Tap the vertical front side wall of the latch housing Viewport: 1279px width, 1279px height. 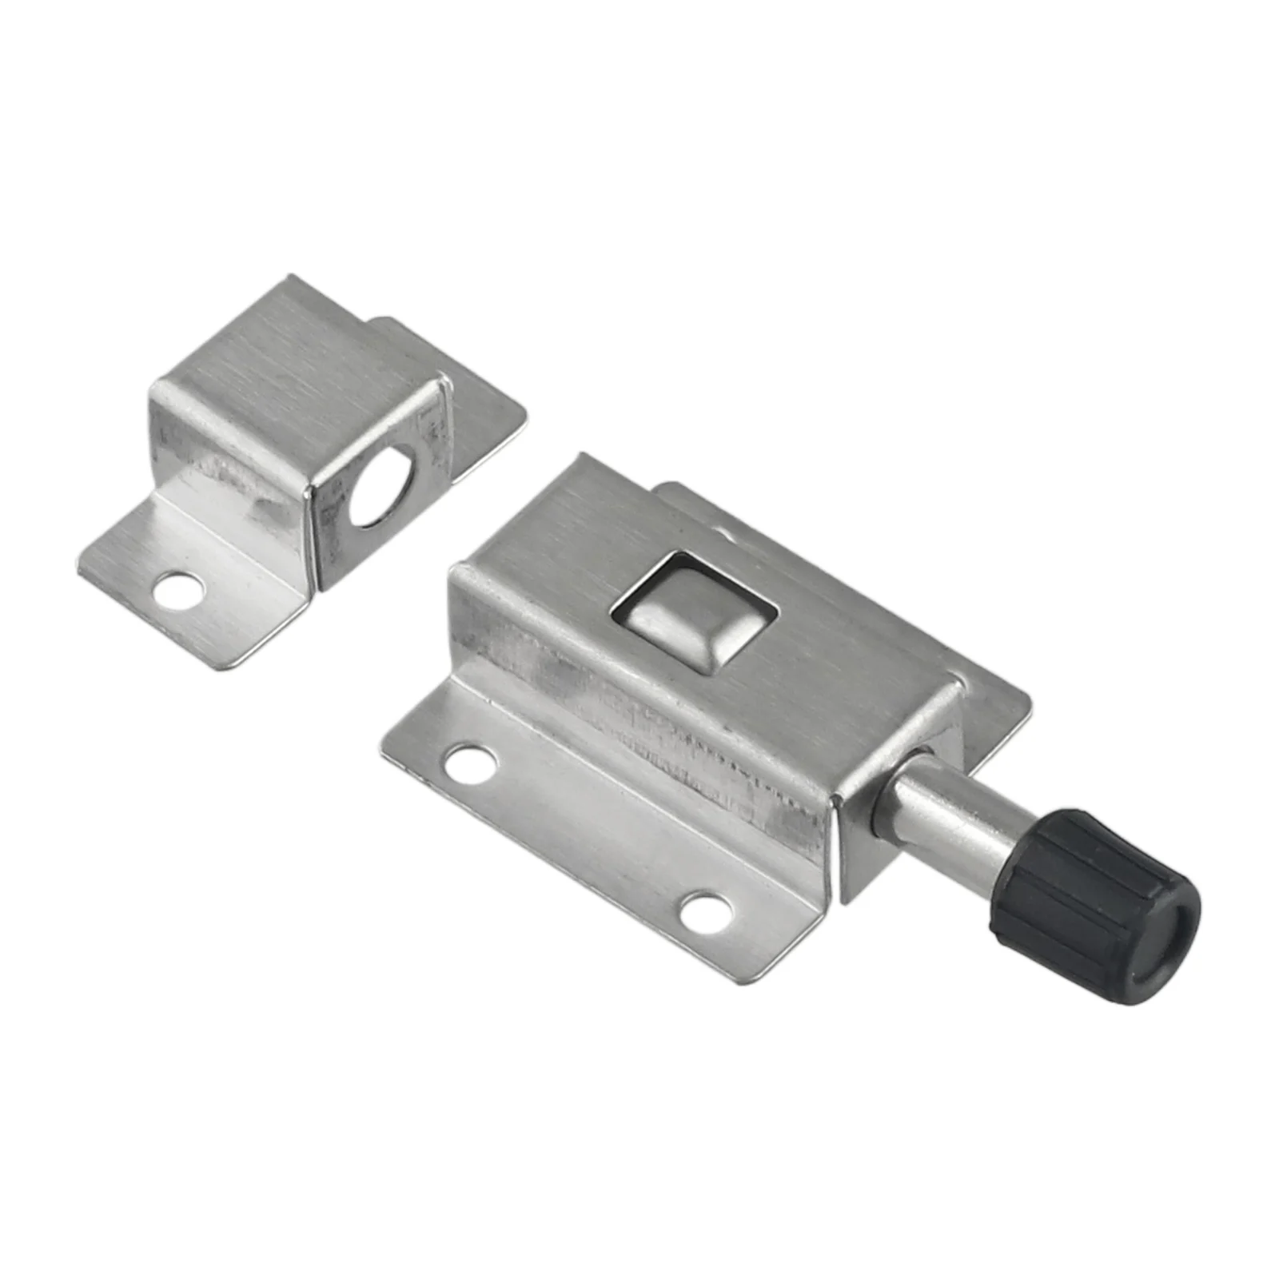[x=639, y=703]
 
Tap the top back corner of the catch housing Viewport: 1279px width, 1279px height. [x=292, y=280]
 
